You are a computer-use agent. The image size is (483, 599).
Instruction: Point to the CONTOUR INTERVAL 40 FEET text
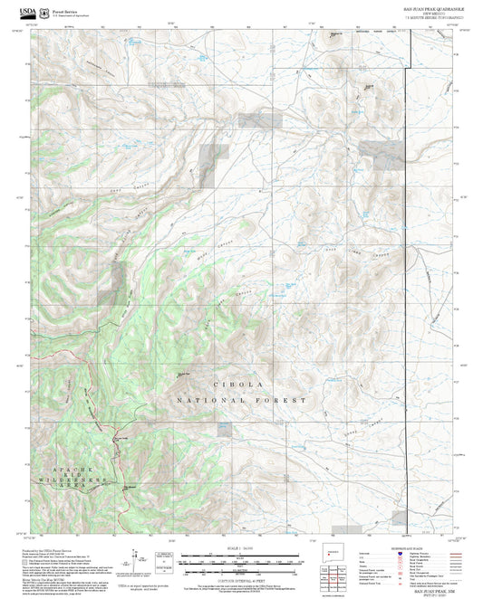point(241,578)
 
